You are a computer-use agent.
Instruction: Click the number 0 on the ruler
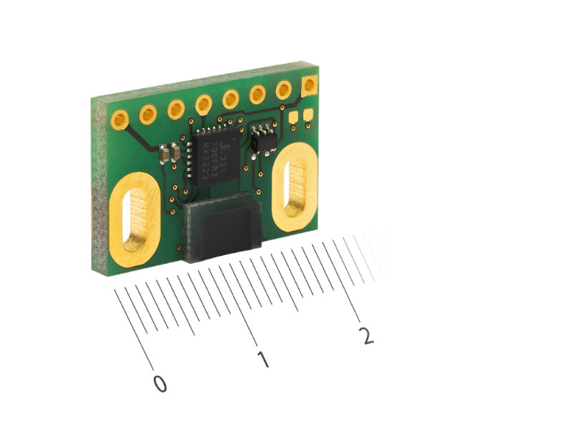(160, 384)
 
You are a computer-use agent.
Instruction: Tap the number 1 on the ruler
(263, 360)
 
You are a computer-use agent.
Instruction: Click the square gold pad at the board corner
(310, 86)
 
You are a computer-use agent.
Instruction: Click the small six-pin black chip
(265, 137)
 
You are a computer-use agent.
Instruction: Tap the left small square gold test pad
(294, 116)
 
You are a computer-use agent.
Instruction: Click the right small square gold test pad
(308, 114)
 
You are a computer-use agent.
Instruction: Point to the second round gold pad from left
(149, 114)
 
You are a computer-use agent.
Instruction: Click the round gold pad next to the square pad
(284, 90)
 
